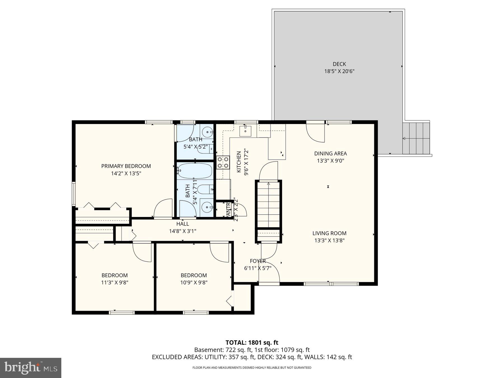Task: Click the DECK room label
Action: coord(339,64)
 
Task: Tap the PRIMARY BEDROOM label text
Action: coord(126,166)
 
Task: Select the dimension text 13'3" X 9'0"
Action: coord(330,161)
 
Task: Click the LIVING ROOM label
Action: coord(329,233)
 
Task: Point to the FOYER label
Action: coord(258,261)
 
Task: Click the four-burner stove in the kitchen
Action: coord(223,163)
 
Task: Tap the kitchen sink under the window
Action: coord(245,131)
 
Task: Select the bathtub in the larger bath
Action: coord(195,171)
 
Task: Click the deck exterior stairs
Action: coord(416,138)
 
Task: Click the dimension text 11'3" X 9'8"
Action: coord(115,283)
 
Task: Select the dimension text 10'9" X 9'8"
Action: coord(193,283)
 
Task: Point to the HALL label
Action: coord(183,224)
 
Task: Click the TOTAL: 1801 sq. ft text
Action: coord(252,342)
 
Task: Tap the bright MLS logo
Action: coord(31,368)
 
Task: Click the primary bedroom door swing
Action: coord(164,209)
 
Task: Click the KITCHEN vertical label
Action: coord(239,162)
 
